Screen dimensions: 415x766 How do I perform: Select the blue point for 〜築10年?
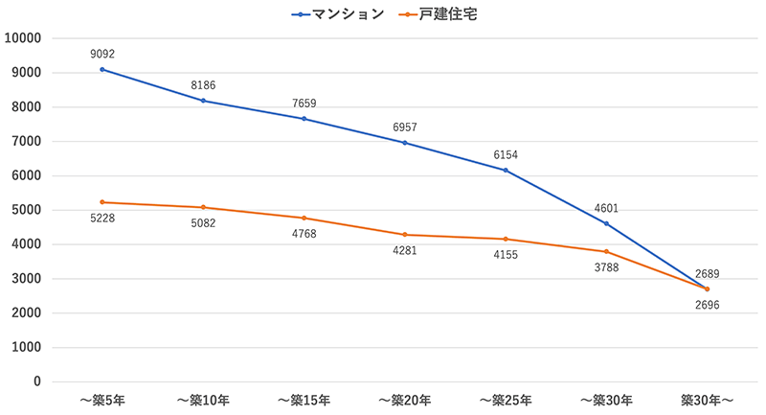pos(203,101)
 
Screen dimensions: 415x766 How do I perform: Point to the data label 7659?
pos(304,104)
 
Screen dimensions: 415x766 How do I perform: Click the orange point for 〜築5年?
pos(102,202)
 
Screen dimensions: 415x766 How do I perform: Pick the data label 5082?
pos(203,224)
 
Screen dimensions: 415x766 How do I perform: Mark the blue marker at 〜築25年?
pos(506,171)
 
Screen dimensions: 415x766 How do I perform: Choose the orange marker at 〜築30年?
pos(606,251)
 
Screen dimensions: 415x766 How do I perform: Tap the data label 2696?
pos(707,306)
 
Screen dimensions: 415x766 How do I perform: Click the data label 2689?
pos(707,273)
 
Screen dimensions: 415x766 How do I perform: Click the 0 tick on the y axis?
pos(36,381)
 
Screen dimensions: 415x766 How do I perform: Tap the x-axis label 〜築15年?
pos(304,400)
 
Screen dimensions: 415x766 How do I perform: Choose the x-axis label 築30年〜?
pos(707,400)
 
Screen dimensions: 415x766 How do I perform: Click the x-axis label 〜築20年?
pos(404,400)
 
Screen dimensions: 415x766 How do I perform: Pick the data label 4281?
pos(404,252)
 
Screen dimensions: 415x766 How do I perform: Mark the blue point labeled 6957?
pos(404,143)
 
